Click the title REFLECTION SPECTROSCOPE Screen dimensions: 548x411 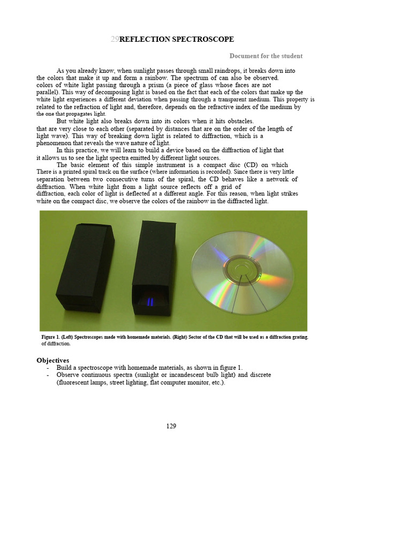click(177, 39)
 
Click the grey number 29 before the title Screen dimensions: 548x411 click(115, 39)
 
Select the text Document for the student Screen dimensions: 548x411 click(266, 56)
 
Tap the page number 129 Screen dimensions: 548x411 click(171, 426)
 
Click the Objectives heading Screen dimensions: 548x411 click(52, 360)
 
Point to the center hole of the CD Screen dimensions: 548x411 click(242, 265)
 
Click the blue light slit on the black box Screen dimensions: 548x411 click(150, 302)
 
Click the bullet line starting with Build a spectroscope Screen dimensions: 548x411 click(149, 368)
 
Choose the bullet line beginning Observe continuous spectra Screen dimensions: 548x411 click(163, 375)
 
